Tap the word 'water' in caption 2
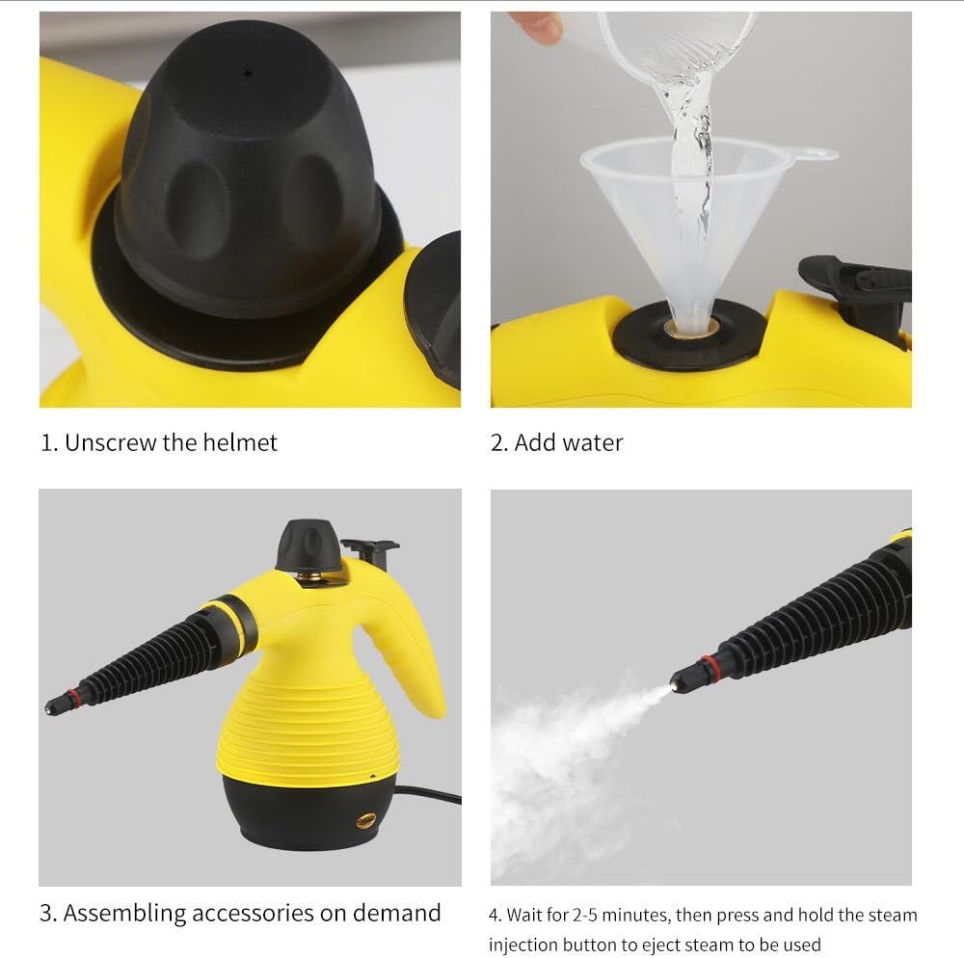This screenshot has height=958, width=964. coord(593,442)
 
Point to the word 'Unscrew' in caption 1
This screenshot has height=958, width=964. coord(105,442)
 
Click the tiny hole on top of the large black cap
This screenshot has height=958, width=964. coord(248,72)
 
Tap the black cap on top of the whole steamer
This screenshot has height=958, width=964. coord(308,546)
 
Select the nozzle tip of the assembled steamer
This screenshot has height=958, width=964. coord(50,709)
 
